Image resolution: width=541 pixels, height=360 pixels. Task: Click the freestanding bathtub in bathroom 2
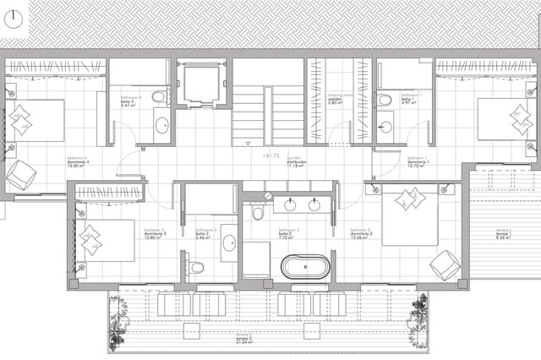click(x=304, y=268)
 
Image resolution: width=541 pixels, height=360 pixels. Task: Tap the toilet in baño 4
click(x=158, y=98)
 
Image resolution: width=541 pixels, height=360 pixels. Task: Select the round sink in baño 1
click(x=385, y=128)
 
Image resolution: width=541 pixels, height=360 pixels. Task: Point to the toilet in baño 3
click(x=196, y=268)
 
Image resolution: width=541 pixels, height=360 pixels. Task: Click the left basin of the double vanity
click(x=290, y=205)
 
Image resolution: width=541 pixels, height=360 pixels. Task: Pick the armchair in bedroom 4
click(x=20, y=175)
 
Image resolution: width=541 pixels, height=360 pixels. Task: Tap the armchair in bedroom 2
click(x=445, y=265)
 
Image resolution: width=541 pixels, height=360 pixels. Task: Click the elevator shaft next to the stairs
click(x=203, y=84)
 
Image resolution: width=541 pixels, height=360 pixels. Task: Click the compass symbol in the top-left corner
click(x=14, y=22)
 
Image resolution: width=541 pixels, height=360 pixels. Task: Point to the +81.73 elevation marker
click(x=270, y=156)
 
